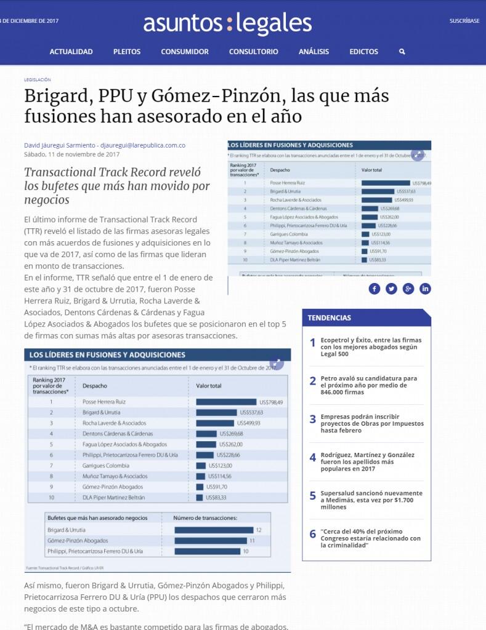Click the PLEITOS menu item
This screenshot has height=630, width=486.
click(127, 52)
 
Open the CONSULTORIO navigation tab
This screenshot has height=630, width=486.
click(253, 52)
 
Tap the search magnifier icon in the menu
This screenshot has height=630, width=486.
click(402, 52)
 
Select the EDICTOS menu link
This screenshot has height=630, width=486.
click(363, 52)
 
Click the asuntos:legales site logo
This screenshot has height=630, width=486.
click(227, 24)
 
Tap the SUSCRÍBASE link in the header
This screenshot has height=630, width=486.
click(464, 21)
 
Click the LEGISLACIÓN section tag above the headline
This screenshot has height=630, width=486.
click(37, 79)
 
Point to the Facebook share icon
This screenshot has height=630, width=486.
click(375, 289)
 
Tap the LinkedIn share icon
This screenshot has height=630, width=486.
click(426, 289)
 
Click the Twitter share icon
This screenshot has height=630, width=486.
click(391, 289)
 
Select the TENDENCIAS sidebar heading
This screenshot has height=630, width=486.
click(330, 317)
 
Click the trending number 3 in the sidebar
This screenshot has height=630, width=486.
click(313, 419)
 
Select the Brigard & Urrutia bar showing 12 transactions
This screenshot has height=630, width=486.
click(213, 530)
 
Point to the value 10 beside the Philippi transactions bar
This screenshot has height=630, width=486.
click(246, 551)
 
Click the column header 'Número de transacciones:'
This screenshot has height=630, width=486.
click(205, 517)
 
